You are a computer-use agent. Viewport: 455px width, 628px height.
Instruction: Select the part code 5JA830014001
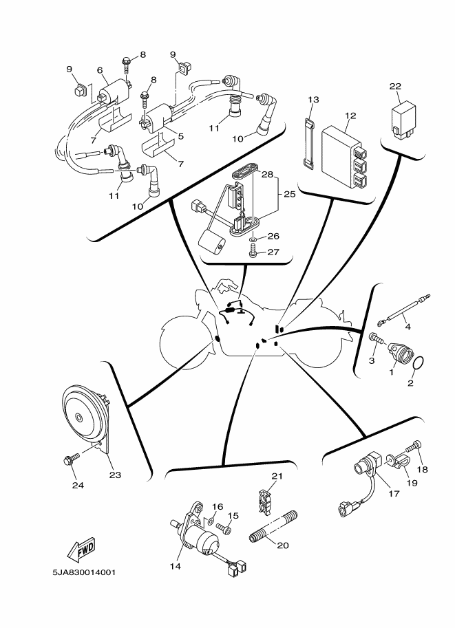[x=84, y=572]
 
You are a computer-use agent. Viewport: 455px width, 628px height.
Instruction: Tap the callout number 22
[x=395, y=86]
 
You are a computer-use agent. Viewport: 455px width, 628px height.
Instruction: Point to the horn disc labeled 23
[x=83, y=418]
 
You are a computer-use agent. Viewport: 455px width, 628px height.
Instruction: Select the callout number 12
[x=350, y=116]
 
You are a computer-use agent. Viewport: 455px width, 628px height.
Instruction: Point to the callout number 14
[x=175, y=566]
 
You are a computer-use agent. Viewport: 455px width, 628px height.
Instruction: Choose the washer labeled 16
[x=211, y=521]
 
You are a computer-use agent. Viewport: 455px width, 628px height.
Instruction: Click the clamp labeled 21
[x=264, y=501]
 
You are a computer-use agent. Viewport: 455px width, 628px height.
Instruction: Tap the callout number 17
[x=394, y=493]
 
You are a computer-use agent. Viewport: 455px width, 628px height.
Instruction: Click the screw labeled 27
[x=253, y=253]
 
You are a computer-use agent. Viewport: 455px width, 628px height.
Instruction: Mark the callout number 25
[x=289, y=194]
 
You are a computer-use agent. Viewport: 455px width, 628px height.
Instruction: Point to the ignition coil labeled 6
[x=114, y=94]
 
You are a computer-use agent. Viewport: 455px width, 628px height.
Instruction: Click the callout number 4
[x=408, y=327]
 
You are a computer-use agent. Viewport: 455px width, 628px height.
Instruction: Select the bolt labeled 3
[x=377, y=339]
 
